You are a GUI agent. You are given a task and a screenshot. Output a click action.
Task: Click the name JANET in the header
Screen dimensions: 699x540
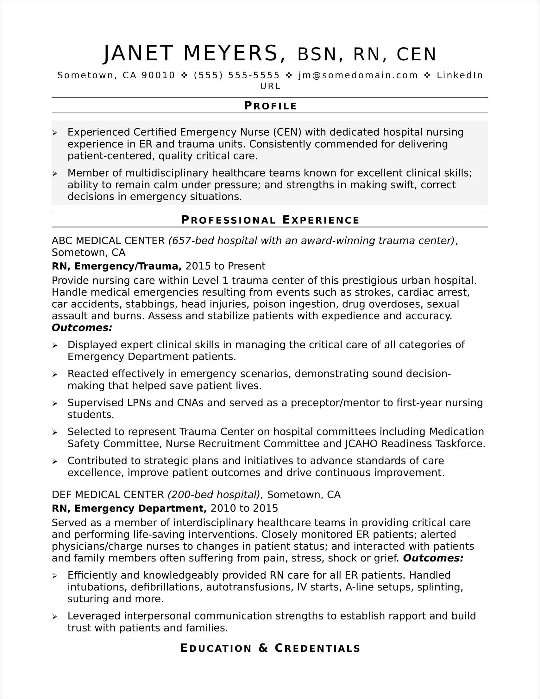[138, 53]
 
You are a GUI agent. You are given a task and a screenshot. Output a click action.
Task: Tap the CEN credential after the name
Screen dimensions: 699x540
[416, 55]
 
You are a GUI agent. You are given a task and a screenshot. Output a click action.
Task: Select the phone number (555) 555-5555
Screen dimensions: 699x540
[236, 75]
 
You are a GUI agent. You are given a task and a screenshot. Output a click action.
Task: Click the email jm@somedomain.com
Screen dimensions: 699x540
[358, 75]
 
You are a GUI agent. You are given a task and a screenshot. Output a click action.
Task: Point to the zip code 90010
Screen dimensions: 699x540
[158, 75]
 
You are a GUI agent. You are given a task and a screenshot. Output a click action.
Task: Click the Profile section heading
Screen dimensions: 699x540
[270, 106]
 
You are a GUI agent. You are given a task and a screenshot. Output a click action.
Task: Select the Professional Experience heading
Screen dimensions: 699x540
[270, 220]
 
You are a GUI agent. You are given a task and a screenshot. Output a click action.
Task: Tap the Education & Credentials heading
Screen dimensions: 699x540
[270, 648]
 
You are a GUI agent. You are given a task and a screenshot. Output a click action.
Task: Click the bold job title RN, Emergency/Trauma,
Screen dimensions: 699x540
[117, 266]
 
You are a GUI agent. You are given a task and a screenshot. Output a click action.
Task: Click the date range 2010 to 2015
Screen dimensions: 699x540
[244, 509]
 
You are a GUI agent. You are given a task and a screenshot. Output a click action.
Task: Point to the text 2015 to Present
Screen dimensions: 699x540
[225, 266]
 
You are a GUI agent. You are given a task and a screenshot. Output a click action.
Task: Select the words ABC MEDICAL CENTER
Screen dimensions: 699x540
[108, 241]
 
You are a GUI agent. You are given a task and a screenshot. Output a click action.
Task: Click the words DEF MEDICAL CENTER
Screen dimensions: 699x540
[108, 495]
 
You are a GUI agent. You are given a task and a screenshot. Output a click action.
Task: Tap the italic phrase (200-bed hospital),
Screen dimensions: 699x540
[215, 495]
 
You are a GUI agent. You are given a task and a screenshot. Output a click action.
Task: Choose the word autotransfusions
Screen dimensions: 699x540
[249, 587]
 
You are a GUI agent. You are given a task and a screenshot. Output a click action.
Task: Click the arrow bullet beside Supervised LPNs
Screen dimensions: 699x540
[55, 403]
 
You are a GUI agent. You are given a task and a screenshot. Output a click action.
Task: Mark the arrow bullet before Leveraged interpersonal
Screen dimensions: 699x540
[55, 617]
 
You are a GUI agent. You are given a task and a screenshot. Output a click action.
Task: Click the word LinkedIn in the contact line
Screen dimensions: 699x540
[460, 75]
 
